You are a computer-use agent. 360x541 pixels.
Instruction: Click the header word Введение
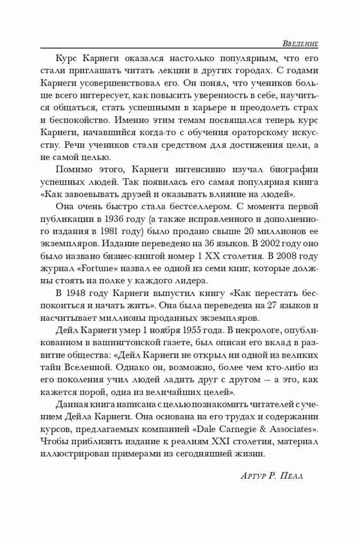pyautogui.click(x=300, y=43)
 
